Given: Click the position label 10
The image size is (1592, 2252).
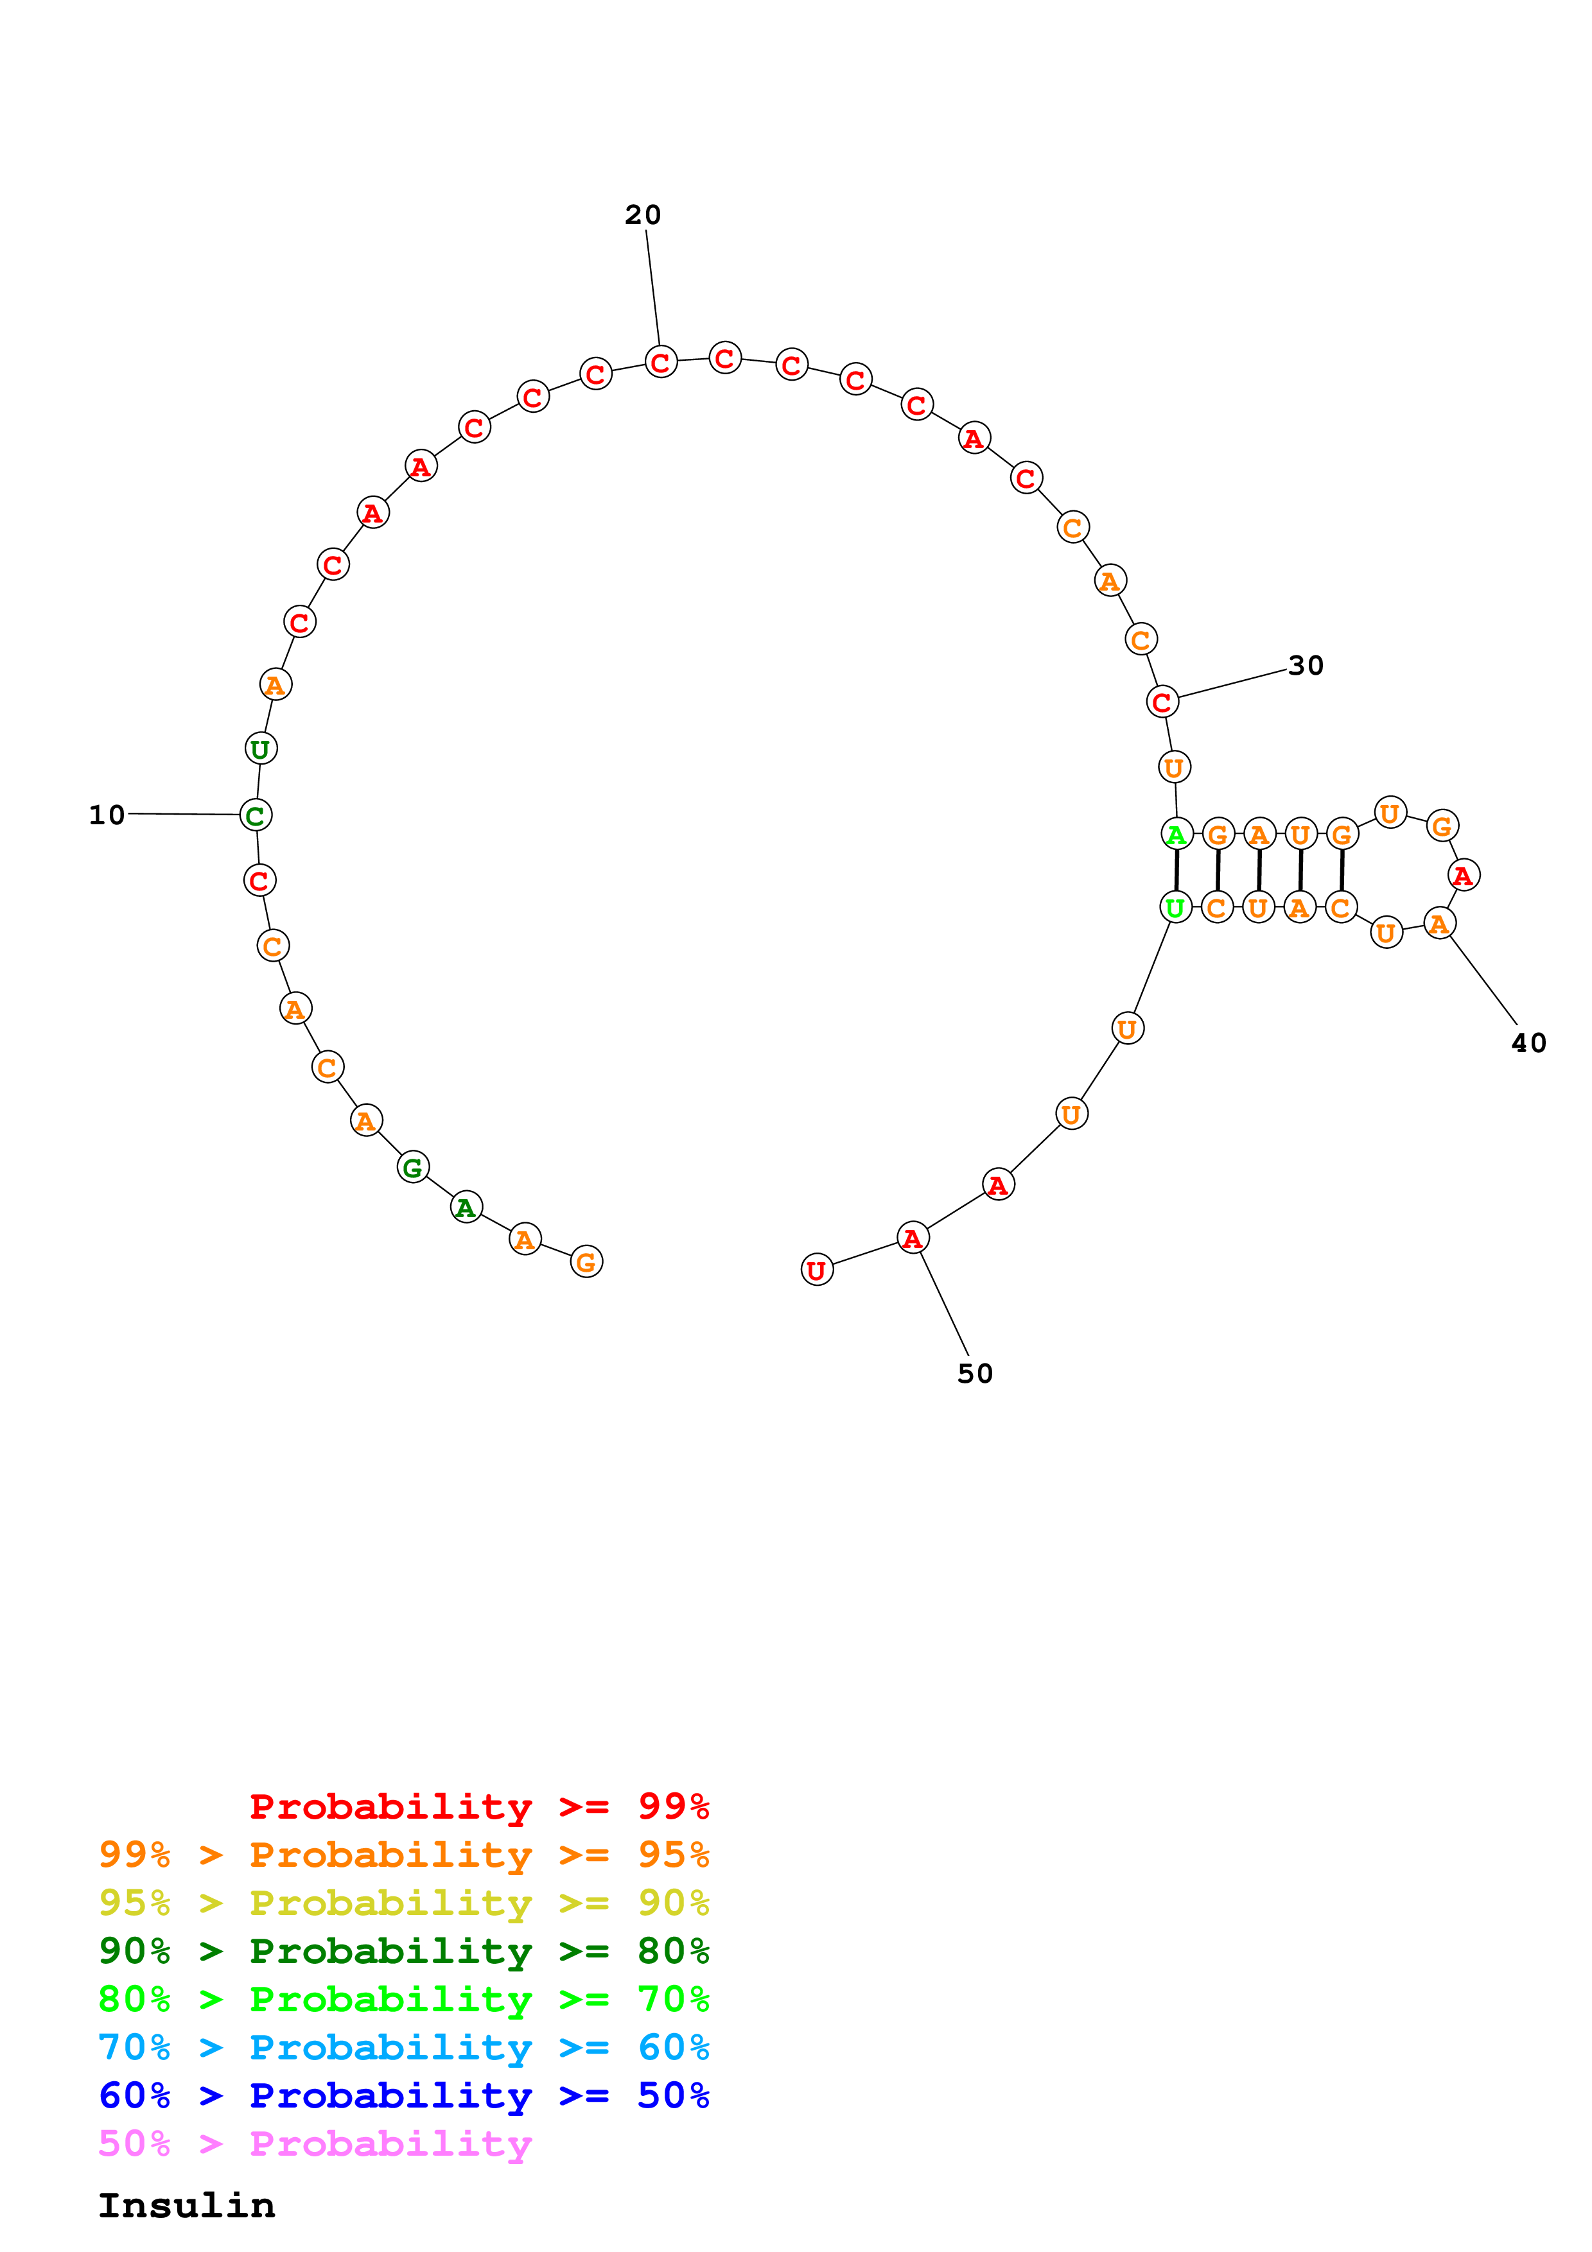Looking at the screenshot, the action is [107, 815].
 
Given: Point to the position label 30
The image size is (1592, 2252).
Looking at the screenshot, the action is [1306, 666].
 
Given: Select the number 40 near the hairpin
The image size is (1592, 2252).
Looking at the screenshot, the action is [1528, 1043].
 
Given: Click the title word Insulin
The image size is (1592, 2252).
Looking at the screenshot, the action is [186, 2206].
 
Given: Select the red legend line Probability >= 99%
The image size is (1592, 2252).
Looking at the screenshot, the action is [478, 1806].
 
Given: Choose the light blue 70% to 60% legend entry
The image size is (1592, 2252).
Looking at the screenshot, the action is [403, 2048].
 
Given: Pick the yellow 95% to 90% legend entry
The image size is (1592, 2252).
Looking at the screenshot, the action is [403, 1903].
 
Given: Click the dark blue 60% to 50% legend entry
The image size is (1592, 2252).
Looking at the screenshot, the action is [403, 2096].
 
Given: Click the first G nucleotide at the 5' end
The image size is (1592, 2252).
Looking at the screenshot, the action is [586, 1261].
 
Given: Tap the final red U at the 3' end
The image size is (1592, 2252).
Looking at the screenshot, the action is [816, 1270].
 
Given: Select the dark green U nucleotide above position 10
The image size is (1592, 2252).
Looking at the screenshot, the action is [261, 749].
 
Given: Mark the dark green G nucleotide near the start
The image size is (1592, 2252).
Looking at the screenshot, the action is [413, 1167].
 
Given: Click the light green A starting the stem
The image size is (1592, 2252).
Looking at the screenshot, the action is [1176, 835].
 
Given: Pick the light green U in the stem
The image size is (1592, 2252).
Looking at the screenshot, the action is [1175, 907].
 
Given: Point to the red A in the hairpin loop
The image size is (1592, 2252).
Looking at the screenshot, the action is [1462, 875].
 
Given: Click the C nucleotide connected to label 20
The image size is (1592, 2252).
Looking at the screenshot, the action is [661, 362].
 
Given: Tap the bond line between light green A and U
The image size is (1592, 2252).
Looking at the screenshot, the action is [1176, 871].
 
